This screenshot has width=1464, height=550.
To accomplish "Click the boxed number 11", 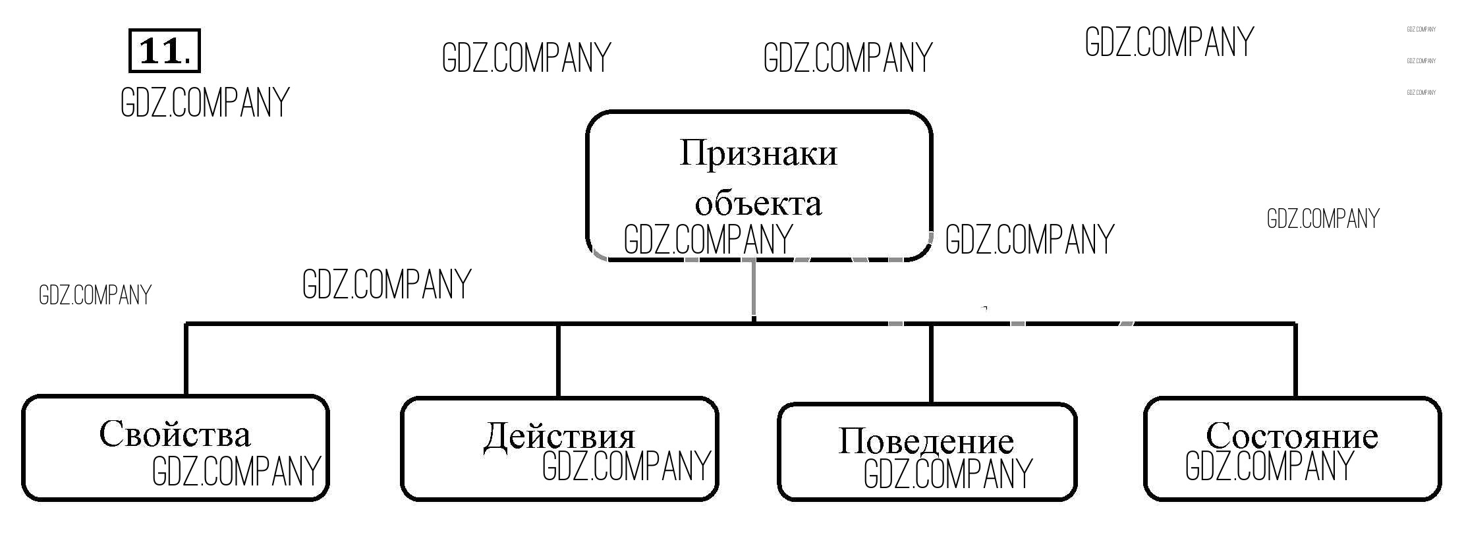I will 164,50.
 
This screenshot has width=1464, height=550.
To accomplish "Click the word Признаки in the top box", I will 758,154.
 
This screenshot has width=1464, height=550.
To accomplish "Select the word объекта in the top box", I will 758,204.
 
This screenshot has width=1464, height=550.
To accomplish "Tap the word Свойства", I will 175,434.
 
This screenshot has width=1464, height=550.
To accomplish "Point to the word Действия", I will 559,436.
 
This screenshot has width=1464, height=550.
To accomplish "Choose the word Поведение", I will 926,441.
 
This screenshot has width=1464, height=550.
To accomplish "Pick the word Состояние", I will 1291,435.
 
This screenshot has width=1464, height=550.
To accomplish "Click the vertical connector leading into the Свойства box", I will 186,359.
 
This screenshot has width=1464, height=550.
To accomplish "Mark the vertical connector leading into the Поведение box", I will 931,363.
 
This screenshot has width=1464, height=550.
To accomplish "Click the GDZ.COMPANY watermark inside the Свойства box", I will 236,471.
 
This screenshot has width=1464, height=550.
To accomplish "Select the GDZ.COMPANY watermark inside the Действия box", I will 626,466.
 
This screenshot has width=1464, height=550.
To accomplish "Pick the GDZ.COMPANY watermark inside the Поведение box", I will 947,474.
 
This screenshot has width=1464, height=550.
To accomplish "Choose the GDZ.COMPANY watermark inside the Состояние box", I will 1269,466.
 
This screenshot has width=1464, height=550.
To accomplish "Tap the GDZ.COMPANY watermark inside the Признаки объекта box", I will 708,239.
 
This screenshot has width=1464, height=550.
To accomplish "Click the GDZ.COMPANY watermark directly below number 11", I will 205,103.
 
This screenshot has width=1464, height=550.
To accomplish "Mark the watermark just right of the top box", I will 1029,239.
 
